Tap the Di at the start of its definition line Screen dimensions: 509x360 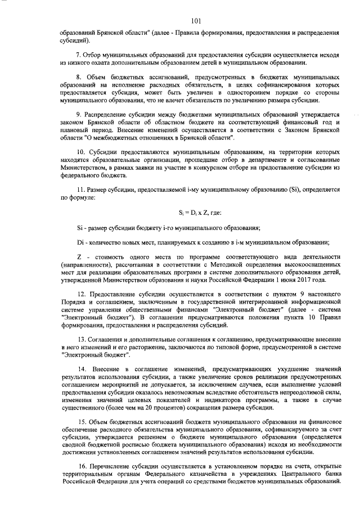coord(64,242)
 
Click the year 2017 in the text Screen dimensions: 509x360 coord(307,279)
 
